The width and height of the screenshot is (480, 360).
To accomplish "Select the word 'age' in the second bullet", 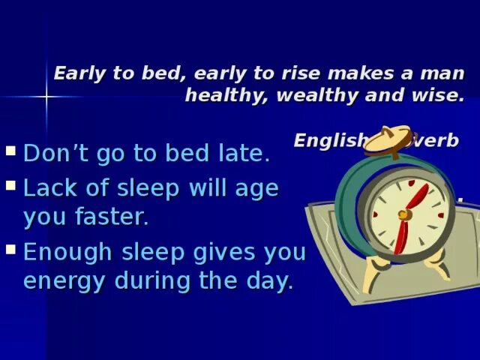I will coord(257,189).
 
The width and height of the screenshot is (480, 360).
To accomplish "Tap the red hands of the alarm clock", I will coord(409,214).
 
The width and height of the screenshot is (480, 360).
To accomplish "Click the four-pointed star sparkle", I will coord(46,97).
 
